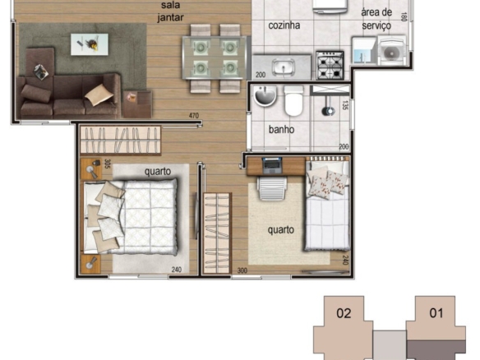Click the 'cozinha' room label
tap(284, 25)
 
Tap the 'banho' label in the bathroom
tap(281, 130)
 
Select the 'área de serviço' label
tap(376, 19)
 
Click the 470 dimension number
tap(194, 116)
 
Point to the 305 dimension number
tap(107, 164)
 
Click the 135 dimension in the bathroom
tap(345, 105)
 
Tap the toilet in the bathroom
tap(293, 101)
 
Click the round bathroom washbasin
tap(265, 95)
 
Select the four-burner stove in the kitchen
tap(330, 66)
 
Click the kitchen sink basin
tap(284, 67)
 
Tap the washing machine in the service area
tap(392, 51)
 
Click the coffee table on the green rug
tap(90, 44)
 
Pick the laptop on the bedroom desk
tap(271, 166)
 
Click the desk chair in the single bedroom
tap(272, 188)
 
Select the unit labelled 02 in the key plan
tap(344, 328)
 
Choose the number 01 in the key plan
tap(436, 313)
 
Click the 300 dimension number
tap(242, 270)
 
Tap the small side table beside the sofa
tap(137, 104)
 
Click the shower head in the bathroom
tap(328, 111)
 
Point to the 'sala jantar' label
tap(170, 12)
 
